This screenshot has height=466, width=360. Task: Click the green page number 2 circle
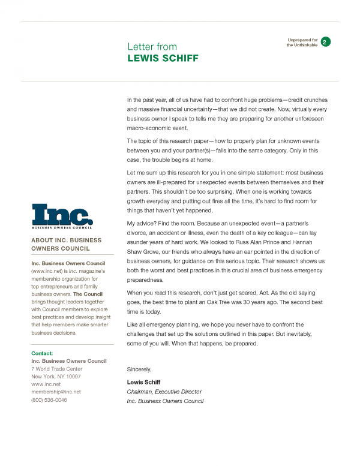click(x=325, y=42)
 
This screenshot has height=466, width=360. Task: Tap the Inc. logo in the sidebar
click(x=62, y=217)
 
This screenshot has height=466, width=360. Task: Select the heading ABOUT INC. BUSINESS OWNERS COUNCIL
click(x=66, y=244)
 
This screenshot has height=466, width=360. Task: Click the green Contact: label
click(x=41, y=353)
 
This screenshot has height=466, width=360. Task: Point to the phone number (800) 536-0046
click(x=49, y=399)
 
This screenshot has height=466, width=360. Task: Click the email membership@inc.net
click(x=56, y=392)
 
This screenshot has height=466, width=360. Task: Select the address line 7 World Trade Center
click(x=56, y=369)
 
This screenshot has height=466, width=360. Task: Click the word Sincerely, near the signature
click(x=139, y=369)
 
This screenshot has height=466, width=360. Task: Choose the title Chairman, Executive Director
click(x=164, y=392)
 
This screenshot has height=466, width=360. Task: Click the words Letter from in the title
click(x=151, y=47)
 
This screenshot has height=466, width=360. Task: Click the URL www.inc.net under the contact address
click(x=46, y=384)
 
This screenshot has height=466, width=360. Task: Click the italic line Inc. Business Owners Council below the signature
click(x=165, y=401)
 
